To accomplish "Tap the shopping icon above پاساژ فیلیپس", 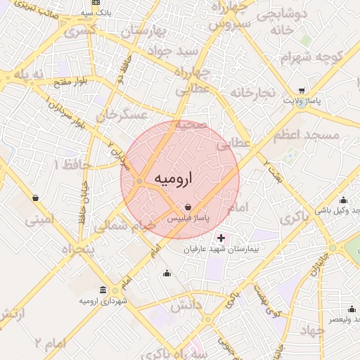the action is click(188, 207).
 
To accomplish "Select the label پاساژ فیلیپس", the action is click(188, 219).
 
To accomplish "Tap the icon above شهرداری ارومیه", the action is click(103, 290).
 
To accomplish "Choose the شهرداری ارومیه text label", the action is click(103, 301).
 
